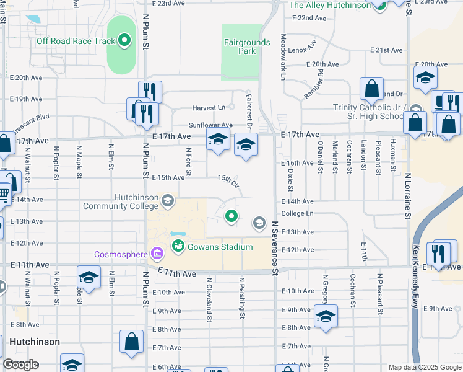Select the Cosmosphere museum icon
[x=155, y=254]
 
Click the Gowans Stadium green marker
[x=178, y=247]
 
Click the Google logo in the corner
[x=20, y=365]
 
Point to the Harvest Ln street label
[x=209, y=107]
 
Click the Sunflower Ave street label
[x=211, y=125]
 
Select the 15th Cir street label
[x=228, y=180]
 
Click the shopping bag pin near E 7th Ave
[x=131, y=341]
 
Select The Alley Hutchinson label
[x=330, y=6]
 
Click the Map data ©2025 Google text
[x=424, y=367]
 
